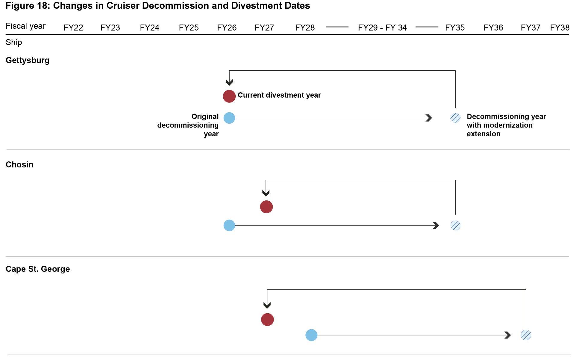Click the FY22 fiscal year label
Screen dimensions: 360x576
click(73, 28)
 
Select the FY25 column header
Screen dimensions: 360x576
click(189, 28)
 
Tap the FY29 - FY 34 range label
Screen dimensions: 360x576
click(382, 28)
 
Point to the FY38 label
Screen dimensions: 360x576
click(560, 28)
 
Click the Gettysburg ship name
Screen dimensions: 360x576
click(28, 60)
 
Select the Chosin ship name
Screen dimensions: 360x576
click(19, 164)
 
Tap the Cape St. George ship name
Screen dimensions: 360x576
click(38, 269)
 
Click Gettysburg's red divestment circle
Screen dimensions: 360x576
click(229, 96)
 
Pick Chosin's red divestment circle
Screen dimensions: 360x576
click(266, 207)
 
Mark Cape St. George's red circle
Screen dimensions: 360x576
click(267, 320)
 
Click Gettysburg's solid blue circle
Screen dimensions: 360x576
click(229, 118)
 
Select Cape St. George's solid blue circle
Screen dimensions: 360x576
click(311, 335)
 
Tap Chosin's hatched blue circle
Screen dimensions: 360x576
click(455, 226)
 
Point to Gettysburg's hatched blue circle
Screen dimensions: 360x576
click(455, 118)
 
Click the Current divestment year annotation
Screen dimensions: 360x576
click(279, 95)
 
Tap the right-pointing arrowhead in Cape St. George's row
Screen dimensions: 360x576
click(507, 335)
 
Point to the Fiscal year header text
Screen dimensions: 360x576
click(25, 26)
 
